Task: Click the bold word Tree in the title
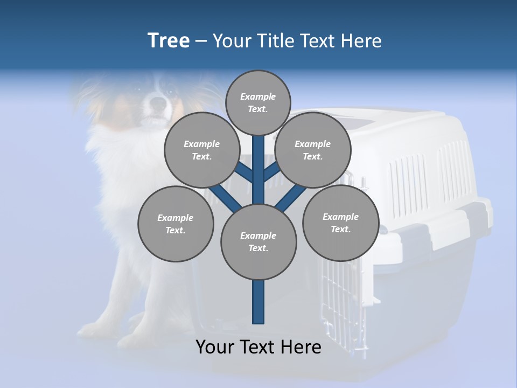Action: (x=169, y=40)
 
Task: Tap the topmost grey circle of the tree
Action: (x=258, y=102)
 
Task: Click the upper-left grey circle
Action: (x=201, y=150)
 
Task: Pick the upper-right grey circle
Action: (x=312, y=150)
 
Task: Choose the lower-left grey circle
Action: (x=176, y=224)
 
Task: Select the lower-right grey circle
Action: (x=340, y=223)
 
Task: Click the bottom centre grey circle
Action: (x=258, y=241)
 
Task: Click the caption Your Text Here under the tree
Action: (x=258, y=347)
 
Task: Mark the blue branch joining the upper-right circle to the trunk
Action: (x=272, y=172)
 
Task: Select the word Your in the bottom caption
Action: (x=214, y=347)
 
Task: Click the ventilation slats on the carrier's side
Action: (x=409, y=178)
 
